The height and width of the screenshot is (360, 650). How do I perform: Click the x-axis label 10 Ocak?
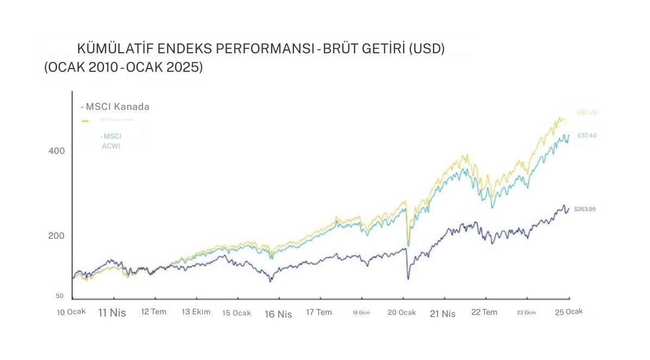(71, 312)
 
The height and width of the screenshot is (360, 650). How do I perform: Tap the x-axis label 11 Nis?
(111, 313)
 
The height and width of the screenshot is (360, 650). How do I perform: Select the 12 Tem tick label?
(154, 312)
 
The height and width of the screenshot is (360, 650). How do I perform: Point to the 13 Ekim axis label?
(196, 312)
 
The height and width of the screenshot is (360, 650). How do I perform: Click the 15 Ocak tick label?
(236, 313)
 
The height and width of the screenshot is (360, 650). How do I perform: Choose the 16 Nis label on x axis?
(278, 314)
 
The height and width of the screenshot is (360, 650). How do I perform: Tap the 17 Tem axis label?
(319, 312)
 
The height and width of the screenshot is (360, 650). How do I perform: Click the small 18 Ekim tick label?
(361, 313)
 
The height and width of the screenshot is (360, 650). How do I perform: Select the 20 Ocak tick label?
(402, 312)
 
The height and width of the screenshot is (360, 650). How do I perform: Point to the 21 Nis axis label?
(442, 314)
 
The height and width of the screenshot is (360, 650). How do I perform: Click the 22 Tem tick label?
(484, 312)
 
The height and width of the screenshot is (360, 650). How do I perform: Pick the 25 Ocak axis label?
(568, 312)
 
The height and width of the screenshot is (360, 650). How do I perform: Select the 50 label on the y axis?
(59, 296)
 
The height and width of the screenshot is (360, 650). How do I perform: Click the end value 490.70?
(586, 113)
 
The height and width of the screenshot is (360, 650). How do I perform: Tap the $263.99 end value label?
(585, 209)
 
